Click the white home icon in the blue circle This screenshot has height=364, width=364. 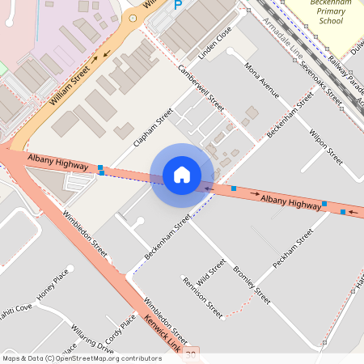(x=182, y=175)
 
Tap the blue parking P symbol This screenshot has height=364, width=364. (x=179, y=5)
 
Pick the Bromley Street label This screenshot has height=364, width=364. (x=251, y=279)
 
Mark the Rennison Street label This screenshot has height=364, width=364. (x=202, y=298)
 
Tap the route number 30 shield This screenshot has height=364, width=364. (x=190, y=354)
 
